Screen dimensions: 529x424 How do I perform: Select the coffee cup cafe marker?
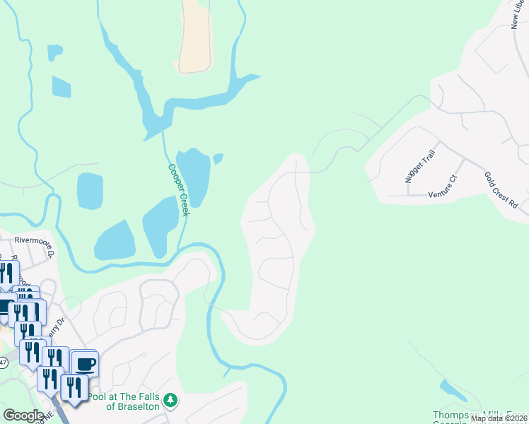(84, 364)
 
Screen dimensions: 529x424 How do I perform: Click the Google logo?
(23, 416)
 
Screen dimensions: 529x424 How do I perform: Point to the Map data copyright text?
(499, 418)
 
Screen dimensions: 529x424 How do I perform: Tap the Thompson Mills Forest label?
(480, 415)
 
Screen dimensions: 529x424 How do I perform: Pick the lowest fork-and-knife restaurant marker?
(73, 388)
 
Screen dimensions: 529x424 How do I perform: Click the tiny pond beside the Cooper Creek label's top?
(219, 158)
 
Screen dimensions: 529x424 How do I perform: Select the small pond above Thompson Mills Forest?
(448, 388)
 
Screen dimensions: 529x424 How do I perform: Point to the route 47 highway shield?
(3, 363)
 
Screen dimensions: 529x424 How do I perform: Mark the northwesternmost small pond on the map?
(54, 52)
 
